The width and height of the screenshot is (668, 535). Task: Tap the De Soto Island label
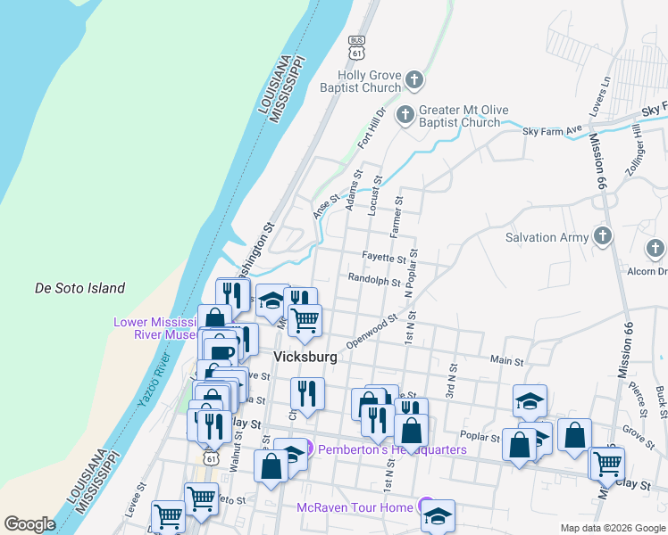tap(79, 288)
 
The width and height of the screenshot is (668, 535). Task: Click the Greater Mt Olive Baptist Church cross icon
tap(405, 115)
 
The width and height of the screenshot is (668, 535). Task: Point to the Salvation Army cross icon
tap(603, 237)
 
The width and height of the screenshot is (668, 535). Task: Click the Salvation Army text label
tap(547, 238)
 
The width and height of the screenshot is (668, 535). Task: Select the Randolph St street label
tap(374, 280)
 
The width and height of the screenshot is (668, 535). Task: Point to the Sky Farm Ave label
tap(552, 132)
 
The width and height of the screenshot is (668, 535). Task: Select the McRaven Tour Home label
tap(355, 507)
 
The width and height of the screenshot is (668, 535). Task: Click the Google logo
tap(29, 524)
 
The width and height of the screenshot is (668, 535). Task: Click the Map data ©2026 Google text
tap(612, 528)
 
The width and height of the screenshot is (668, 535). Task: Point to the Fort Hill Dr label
tap(371, 128)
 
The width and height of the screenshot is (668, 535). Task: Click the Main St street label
tap(506, 360)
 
